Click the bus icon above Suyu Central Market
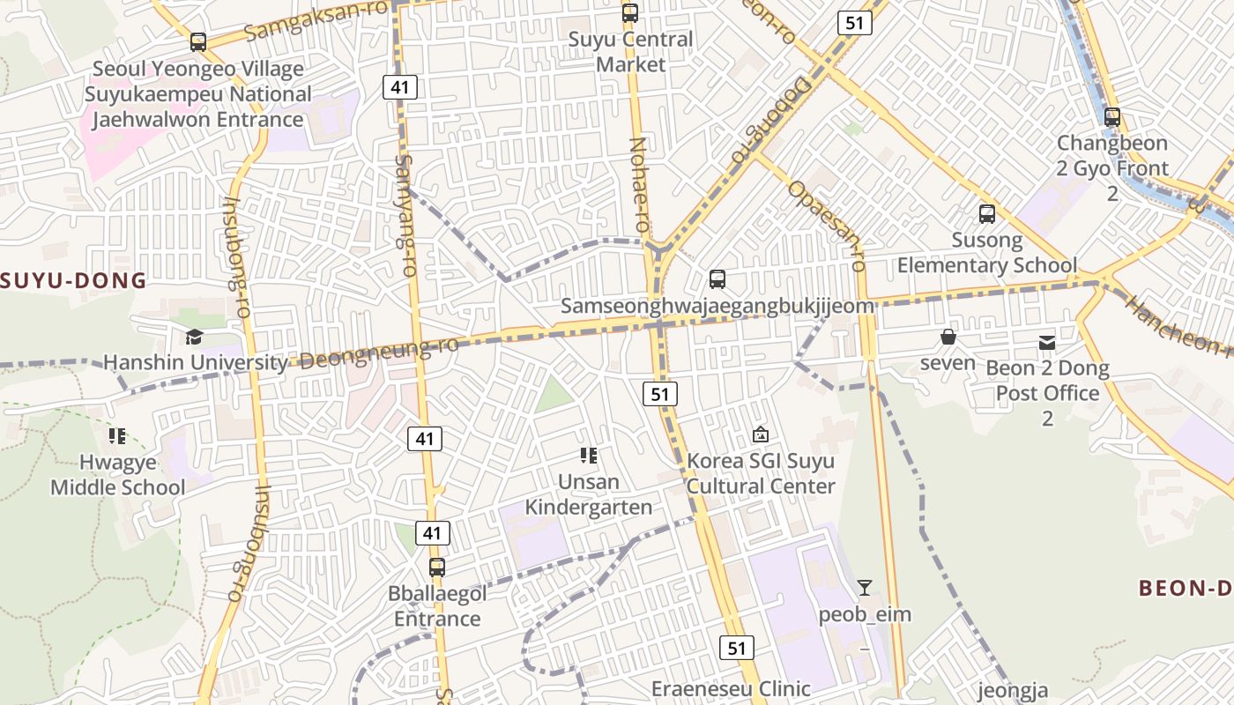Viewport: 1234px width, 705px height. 629,13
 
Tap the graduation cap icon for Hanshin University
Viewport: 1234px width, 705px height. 194,337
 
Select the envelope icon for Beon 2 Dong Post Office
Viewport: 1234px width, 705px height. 1047,342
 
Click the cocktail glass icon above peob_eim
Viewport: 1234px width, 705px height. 865,588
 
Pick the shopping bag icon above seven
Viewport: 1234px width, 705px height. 948,337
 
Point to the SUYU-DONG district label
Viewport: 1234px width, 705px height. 73,281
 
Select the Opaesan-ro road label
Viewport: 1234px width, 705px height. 827,226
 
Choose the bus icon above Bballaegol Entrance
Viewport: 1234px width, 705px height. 437,568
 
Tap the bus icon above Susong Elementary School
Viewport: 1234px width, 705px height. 987,213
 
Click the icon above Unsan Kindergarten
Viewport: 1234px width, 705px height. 589,456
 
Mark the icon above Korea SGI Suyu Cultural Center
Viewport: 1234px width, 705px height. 760,434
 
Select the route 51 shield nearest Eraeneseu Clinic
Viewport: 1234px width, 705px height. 736,649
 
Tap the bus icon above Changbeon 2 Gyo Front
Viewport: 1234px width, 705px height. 1112,116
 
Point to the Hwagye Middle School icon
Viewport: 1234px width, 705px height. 117,435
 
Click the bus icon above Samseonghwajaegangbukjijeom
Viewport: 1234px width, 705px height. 717,279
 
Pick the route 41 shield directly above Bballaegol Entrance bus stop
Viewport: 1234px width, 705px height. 431,532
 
